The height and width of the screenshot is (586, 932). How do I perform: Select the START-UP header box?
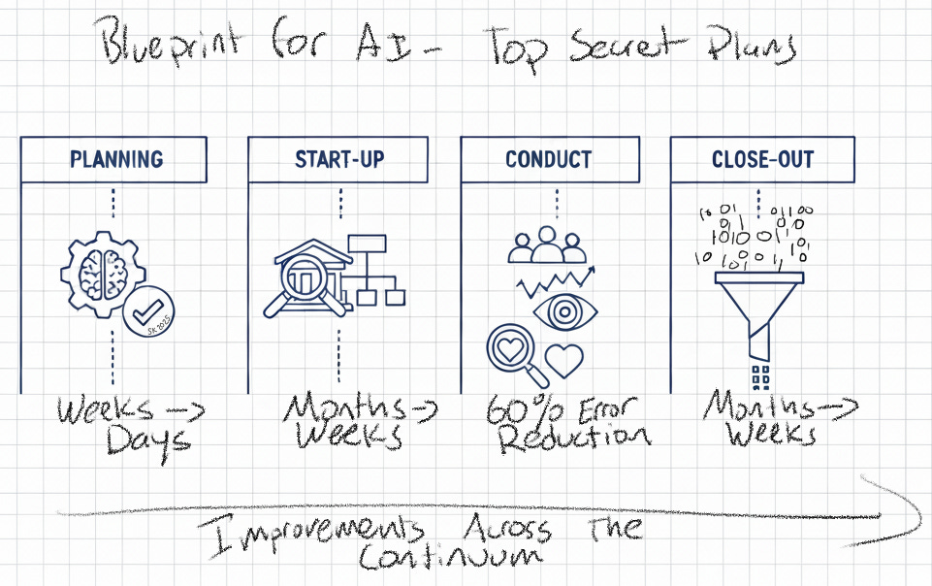tap(340, 159)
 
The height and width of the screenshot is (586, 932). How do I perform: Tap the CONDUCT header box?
tap(549, 159)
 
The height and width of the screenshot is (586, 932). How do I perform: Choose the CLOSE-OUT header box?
tap(762, 159)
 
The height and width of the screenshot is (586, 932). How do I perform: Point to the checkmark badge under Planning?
tap(149, 312)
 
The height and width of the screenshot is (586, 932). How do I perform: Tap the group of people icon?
tap(548, 246)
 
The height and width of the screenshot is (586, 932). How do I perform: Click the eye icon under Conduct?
tap(565, 312)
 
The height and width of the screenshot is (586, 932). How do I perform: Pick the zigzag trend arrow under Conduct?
tap(554, 281)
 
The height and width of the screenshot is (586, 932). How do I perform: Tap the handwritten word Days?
tap(148, 440)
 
